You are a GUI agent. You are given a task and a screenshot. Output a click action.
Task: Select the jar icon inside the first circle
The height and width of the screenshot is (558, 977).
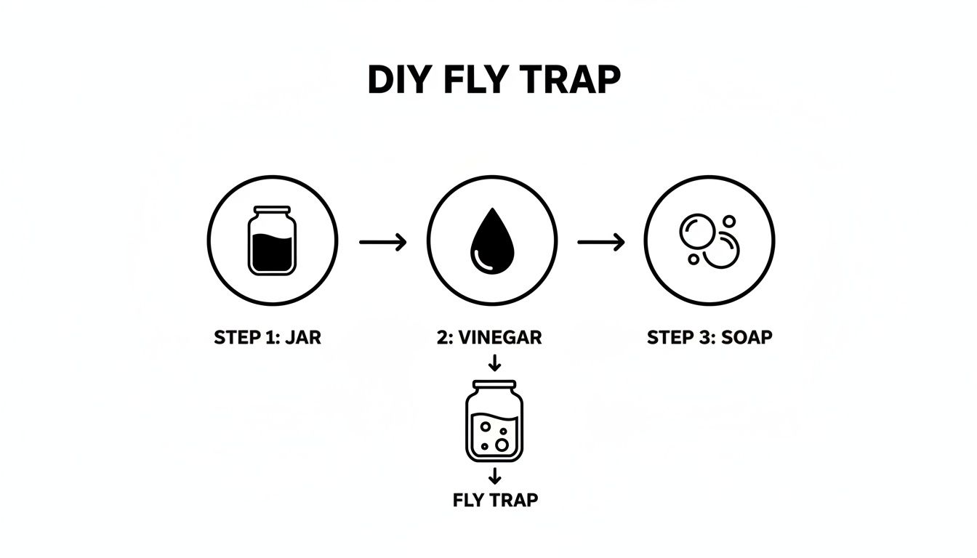point(273,240)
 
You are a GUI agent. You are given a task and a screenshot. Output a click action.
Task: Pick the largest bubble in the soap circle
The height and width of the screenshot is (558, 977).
point(720,252)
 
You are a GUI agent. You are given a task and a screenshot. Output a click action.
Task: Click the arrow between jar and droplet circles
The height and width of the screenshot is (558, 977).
point(382,242)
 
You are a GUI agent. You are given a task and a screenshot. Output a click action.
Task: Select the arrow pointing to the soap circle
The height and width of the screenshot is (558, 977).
point(601,242)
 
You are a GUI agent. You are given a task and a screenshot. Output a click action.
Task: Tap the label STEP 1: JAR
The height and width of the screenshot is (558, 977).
point(268,338)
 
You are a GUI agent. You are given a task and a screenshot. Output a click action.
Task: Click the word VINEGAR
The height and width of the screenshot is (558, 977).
point(501,338)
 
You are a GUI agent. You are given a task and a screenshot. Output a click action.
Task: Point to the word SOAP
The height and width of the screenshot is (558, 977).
point(744,338)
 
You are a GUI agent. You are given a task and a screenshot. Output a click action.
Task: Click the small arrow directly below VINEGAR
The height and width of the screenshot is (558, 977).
point(494,362)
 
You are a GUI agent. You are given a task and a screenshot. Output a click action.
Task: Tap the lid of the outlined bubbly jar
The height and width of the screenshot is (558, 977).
point(494,384)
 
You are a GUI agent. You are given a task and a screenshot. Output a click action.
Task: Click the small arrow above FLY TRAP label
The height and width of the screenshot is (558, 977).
point(494,477)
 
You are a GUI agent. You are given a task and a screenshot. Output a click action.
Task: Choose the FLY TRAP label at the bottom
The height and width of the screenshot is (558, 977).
point(495,501)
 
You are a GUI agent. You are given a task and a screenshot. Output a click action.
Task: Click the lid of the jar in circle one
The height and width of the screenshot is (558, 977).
point(273,210)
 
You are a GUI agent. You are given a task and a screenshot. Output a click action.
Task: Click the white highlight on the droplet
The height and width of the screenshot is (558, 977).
point(479,256)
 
